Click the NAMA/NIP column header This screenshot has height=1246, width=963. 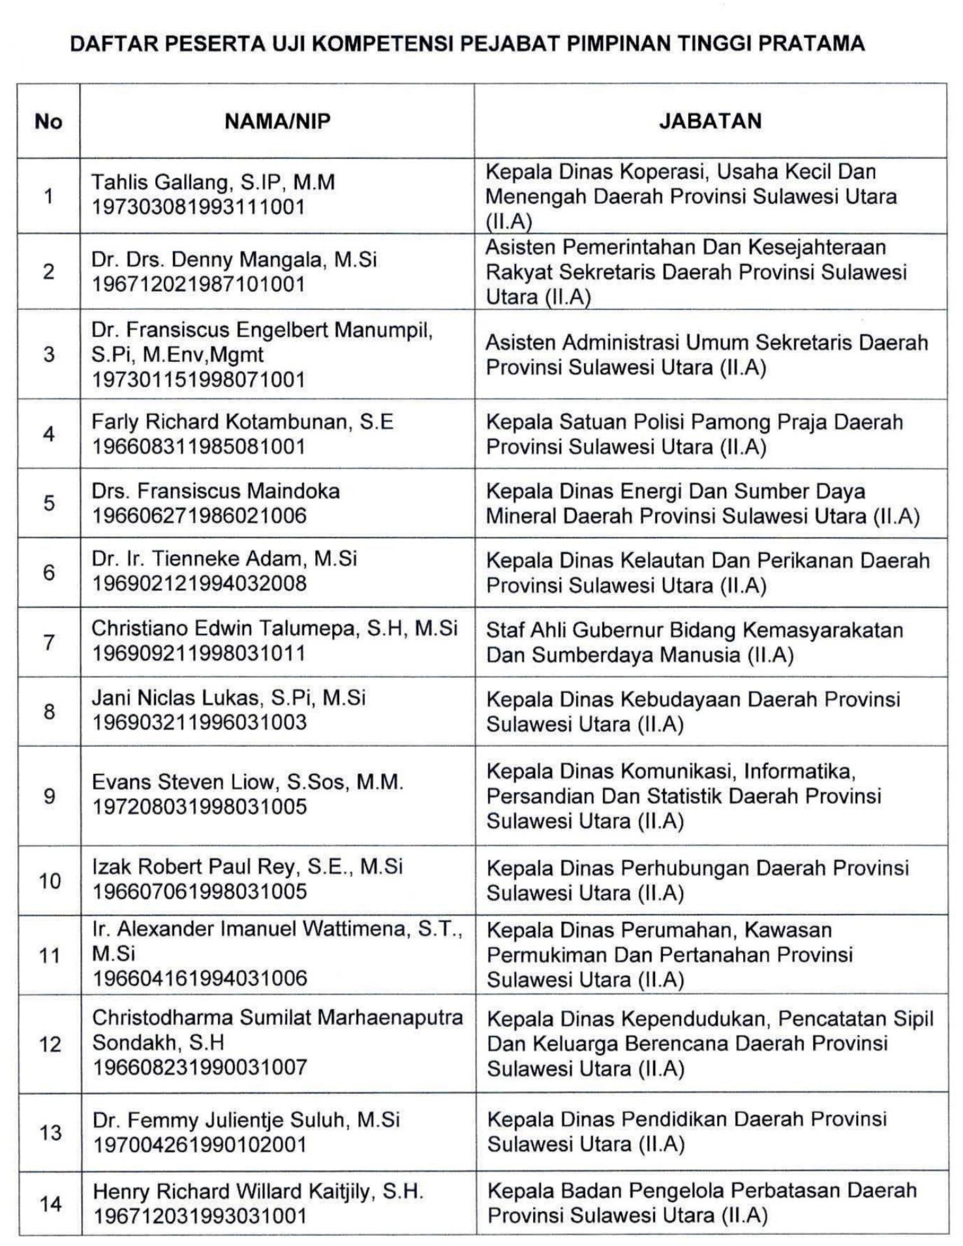[x=277, y=121]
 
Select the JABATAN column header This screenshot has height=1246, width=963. [x=710, y=121]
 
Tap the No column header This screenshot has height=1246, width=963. [x=48, y=121]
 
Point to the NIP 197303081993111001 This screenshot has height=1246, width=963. [x=198, y=207]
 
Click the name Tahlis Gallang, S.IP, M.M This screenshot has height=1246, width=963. [x=213, y=182]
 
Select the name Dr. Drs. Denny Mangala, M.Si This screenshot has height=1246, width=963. [x=234, y=260]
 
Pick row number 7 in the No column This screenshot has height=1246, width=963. [x=49, y=642]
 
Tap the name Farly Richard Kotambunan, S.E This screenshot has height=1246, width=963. [x=242, y=422]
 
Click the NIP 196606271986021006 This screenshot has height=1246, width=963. [x=199, y=516]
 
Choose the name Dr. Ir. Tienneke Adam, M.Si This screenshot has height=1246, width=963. [x=224, y=558]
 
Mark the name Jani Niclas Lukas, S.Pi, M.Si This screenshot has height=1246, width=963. [x=228, y=698]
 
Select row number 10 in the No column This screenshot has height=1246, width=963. [x=50, y=881]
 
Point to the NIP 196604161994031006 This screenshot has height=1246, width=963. [x=200, y=978]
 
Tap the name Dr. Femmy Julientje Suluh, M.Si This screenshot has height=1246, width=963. [x=246, y=1120]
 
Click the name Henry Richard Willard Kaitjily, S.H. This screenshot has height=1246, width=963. [x=258, y=1191]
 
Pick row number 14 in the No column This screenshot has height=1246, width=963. [x=50, y=1204]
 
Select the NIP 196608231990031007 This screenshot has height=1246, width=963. [x=200, y=1067]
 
